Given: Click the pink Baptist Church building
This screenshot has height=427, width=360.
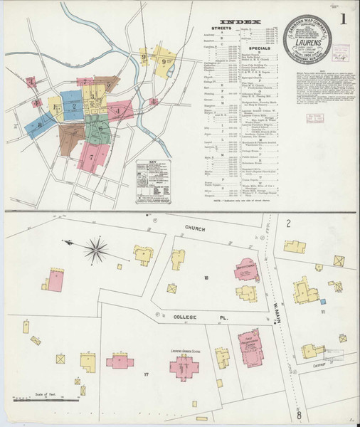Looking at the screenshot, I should [246, 271].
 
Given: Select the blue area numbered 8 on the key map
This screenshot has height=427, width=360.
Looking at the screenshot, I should [41, 123].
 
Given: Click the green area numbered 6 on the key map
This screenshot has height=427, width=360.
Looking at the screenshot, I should [101, 129].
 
